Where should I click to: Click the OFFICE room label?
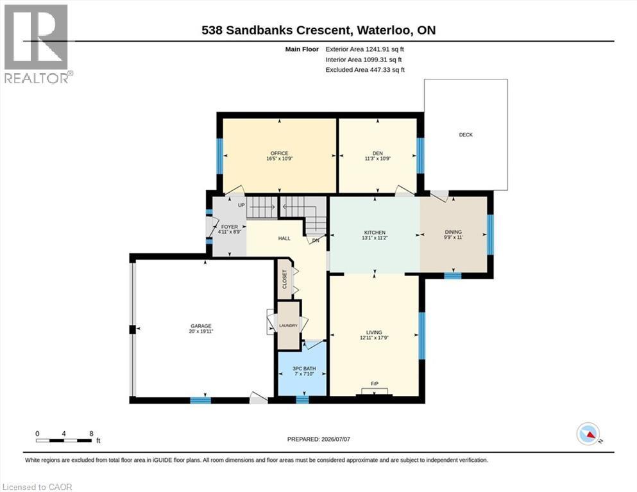tap(279, 153)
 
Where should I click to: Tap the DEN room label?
tap(377, 153)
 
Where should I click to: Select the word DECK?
tap(466, 135)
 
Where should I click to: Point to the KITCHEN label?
tap(374, 233)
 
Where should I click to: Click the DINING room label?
tap(454, 232)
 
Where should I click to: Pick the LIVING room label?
tap(374, 332)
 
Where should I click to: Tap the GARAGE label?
tap(201, 326)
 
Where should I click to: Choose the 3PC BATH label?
tap(304, 369)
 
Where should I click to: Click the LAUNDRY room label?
tap(289, 325)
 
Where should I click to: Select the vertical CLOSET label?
tap(284, 279)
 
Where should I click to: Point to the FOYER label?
tap(230, 227)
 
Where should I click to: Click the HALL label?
tap(284, 238)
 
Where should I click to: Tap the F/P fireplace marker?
tap(375, 384)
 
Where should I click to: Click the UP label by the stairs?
tap(241, 205)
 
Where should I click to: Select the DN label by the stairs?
tap(316, 240)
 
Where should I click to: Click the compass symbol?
tap(588, 434)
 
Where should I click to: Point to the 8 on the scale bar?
tap(92, 433)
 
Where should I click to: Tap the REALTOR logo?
tap(37, 44)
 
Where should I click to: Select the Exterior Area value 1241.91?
tap(378, 49)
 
